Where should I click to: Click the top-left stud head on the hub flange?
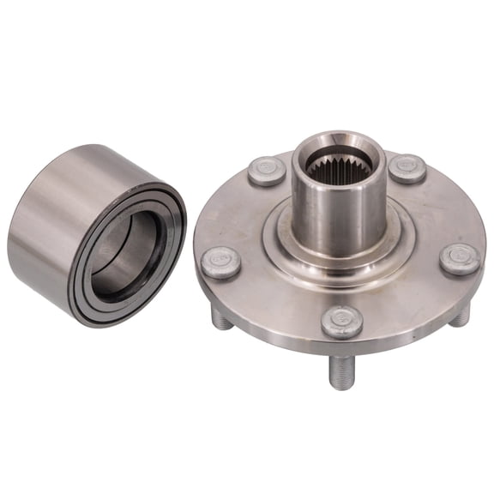[267, 170]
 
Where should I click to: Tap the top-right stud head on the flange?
[407, 167]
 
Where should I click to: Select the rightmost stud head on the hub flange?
[459, 258]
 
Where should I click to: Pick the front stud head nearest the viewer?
[341, 322]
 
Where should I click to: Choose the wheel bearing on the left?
[94, 232]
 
